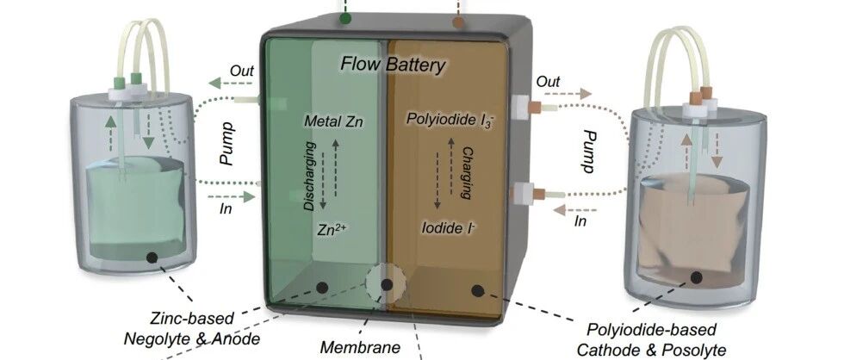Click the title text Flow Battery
[393, 65]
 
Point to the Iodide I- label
[451, 228]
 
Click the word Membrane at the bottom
[360, 348]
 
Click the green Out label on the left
[241, 69]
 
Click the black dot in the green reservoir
[152, 256]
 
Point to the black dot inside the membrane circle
[387, 284]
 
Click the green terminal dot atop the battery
[345, 17]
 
